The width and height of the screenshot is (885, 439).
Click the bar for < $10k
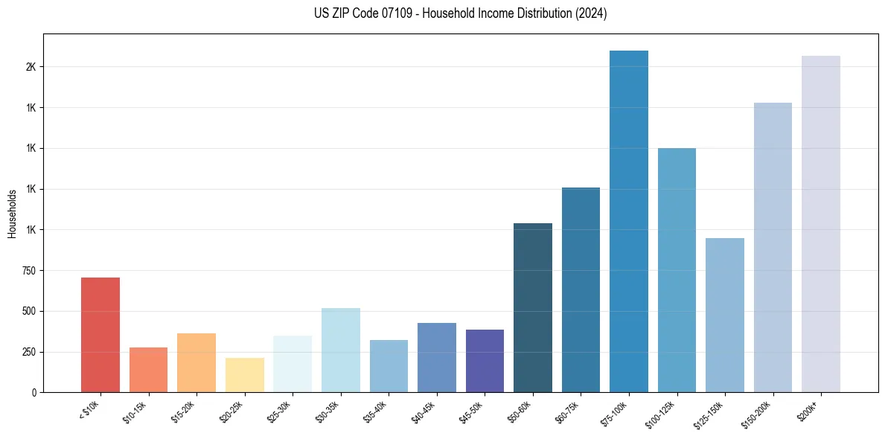100,335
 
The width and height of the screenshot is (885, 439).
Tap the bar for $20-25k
244,375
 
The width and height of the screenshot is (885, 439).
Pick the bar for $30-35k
340,350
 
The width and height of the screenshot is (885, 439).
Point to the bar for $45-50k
485,361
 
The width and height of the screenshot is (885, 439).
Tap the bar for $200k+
821,223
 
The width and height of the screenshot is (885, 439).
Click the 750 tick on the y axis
28,271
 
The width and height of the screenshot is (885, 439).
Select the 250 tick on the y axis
28,352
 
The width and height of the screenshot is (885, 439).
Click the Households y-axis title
12,214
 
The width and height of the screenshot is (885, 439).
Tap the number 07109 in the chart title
383,14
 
